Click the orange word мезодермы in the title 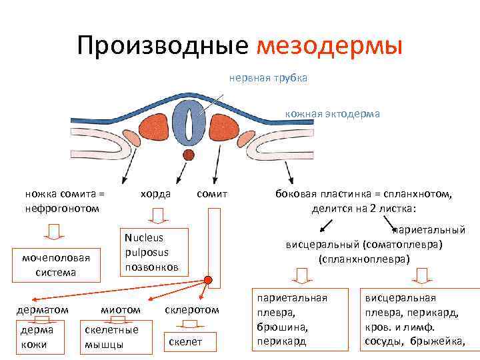tap(329, 46)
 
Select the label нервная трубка tap(268, 79)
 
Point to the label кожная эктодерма tap(333, 113)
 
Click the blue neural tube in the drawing tap(191, 123)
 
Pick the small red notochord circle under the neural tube tap(189, 156)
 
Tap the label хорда tap(155, 194)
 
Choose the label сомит tap(213, 194)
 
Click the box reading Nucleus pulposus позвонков tap(152, 252)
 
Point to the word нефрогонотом tap(62, 208)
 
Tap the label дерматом tap(43, 309)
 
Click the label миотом tap(120, 309)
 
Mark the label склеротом tap(191, 309)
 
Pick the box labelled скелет tap(185, 342)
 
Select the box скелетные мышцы tap(111, 337)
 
